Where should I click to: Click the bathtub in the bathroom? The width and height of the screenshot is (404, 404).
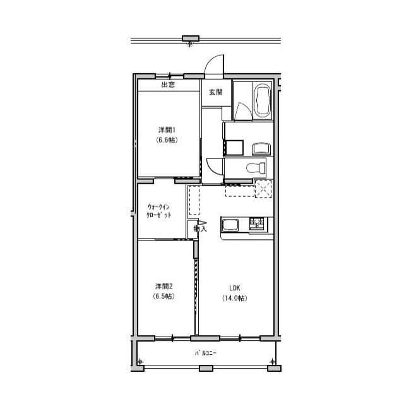[x=263, y=101]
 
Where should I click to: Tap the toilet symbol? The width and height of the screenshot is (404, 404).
[x=256, y=168]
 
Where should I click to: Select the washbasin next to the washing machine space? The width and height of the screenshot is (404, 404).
[x=261, y=149]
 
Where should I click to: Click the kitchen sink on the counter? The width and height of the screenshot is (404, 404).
[x=230, y=226]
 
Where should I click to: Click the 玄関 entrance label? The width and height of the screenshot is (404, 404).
[x=216, y=92]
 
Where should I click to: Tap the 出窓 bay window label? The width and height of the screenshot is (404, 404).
[x=168, y=84]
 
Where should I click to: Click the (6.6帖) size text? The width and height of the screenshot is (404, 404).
[x=167, y=140]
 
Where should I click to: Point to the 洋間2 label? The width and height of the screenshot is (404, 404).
[x=164, y=286]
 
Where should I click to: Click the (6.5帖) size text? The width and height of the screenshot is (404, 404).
[x=164, y=296]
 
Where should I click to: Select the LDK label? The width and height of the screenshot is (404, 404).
[x=235, y=288]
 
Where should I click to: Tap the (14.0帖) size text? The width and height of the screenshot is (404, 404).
[x=235, y=298]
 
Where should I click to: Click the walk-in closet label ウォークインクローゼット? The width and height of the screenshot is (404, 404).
[x=158, y=211]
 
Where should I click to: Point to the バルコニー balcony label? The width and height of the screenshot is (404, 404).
[x=205, y=353]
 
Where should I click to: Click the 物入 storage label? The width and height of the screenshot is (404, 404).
[x=200, y=229]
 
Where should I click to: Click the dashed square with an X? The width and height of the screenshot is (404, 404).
[x=263, y=189]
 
